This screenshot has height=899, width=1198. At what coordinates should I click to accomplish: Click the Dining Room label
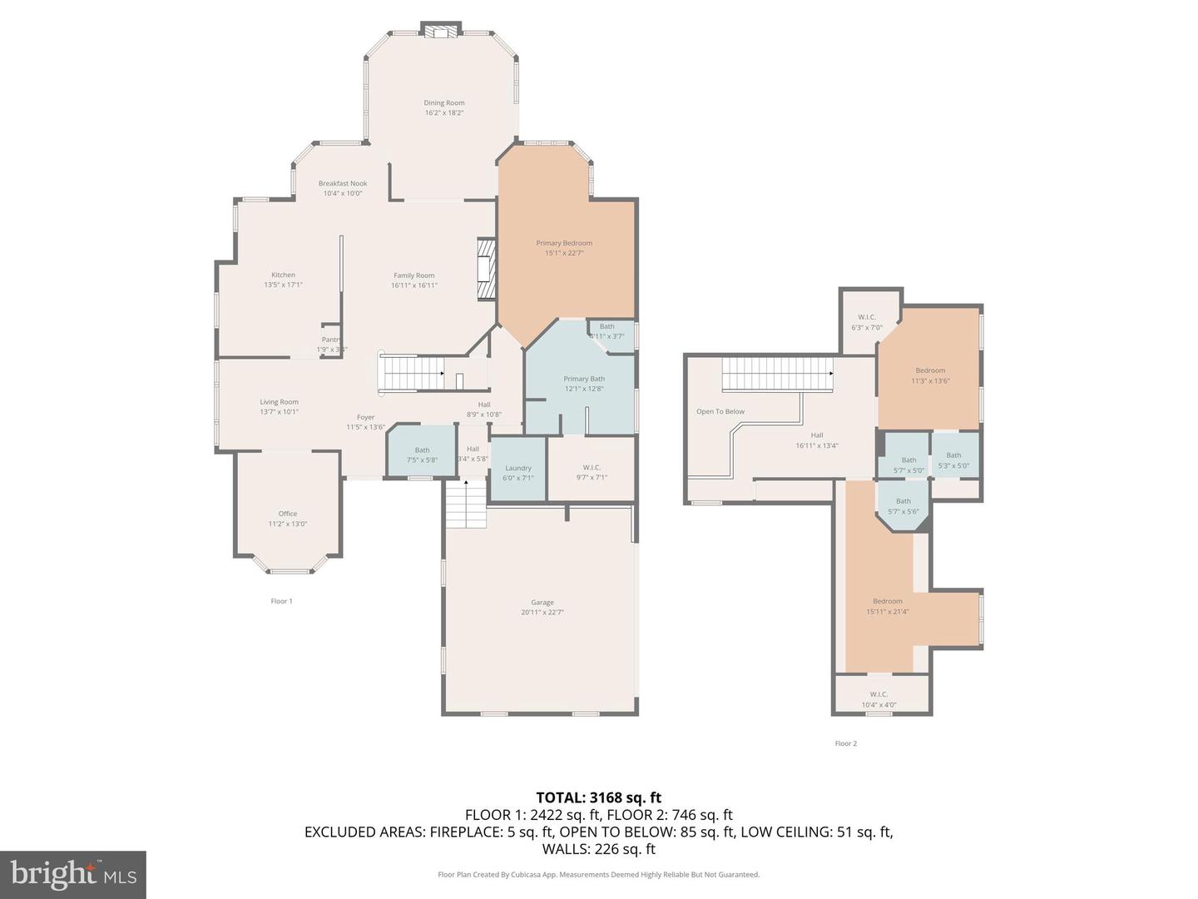443,103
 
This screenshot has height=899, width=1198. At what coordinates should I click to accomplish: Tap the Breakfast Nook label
343,183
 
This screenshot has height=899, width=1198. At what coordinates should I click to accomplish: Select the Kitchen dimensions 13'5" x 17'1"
283,285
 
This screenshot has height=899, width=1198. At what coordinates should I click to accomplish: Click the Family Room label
413,276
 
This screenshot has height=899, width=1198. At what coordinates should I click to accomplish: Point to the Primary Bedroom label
564,243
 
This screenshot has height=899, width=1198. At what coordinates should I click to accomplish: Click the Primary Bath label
584,379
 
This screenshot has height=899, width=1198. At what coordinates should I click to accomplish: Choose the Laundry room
517,473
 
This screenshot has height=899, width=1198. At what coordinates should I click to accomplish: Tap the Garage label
542,602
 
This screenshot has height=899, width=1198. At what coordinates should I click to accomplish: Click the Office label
288,514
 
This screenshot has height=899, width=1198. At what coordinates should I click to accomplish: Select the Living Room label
279,402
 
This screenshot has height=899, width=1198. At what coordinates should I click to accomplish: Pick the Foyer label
365,417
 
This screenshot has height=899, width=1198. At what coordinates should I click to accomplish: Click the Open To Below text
720,411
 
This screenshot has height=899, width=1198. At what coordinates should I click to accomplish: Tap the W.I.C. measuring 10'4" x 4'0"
879,699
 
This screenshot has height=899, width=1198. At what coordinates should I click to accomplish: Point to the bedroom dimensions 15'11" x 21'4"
887,612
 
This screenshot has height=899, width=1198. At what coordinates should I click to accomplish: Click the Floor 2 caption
845,743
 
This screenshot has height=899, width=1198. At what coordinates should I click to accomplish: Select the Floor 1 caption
281,601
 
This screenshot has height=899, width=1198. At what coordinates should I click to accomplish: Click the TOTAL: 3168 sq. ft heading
598,797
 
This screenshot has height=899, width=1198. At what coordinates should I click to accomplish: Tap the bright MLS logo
73,874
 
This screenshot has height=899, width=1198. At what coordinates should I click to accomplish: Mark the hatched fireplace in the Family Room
486,270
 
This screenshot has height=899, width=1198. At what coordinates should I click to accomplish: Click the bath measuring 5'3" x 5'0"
953,460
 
